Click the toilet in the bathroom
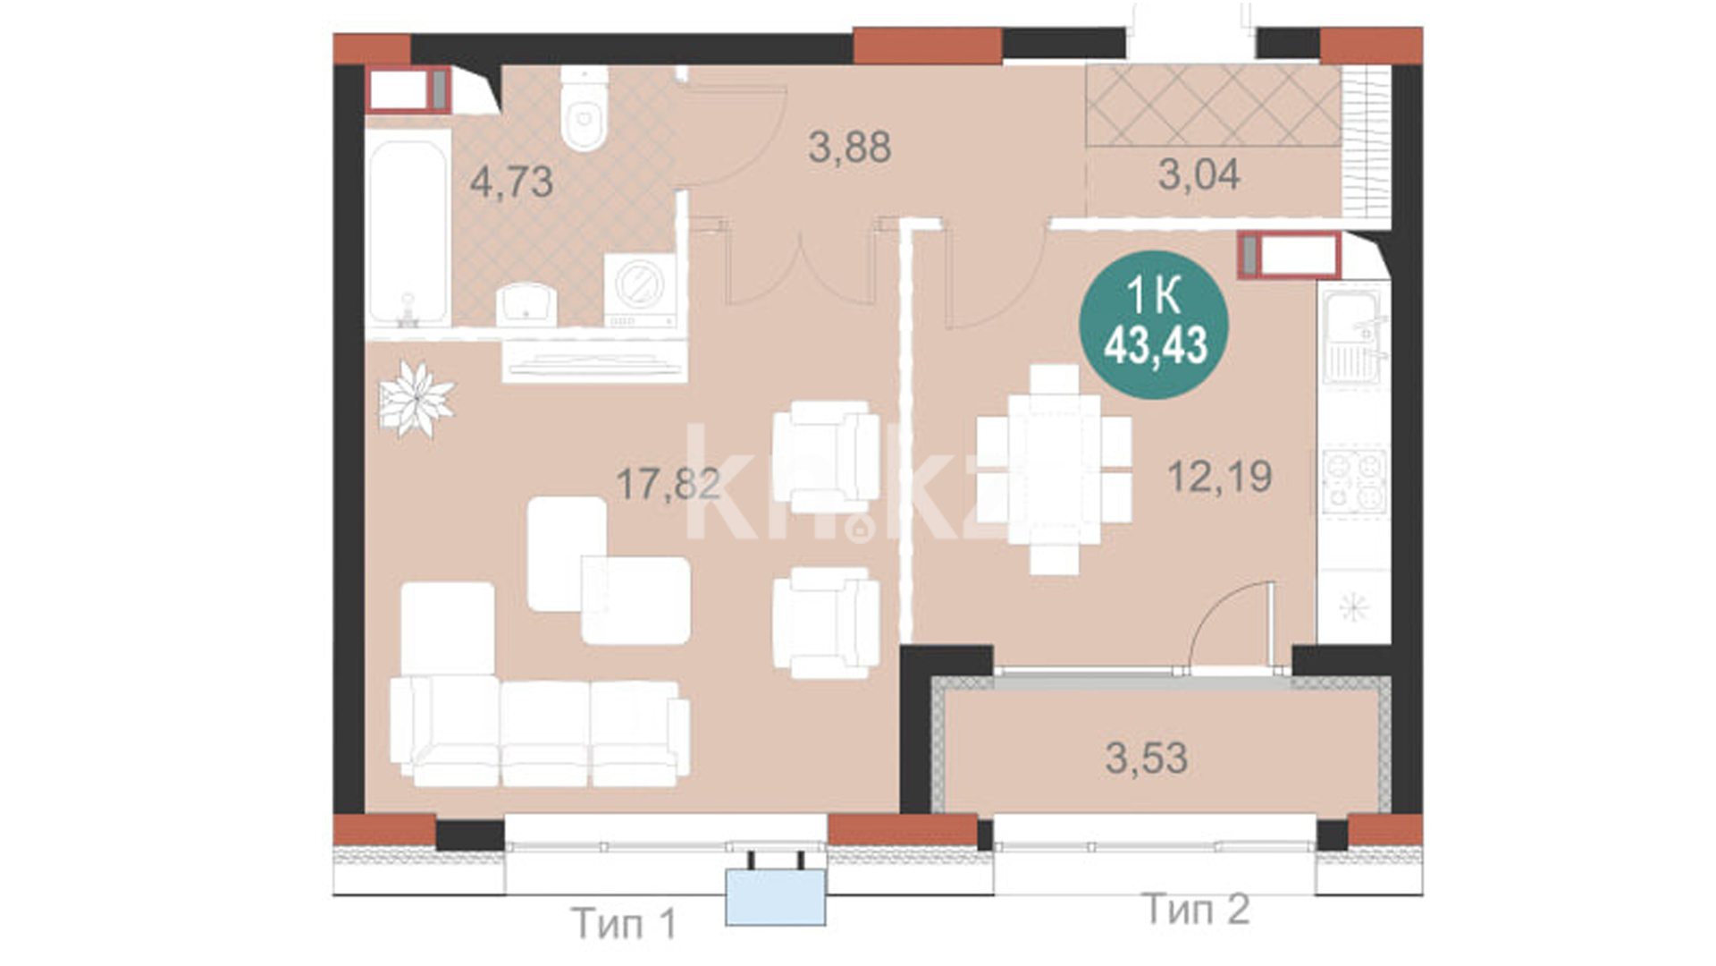(x=585, y=108)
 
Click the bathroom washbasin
(x=526, y=304)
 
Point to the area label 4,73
(x=512, y=182)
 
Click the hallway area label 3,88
(x=849, y=147)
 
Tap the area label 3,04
(x=1199, y=174)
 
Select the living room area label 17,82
(x=669, y=484)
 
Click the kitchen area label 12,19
(x=1220, y=476)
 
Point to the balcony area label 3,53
(x=1147, y=758)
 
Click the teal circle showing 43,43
(x=1154, y=325)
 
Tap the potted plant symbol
(x=416, y=399)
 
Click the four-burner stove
(x=1354, y=482)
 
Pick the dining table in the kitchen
(x=1054, y=469)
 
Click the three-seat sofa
(x=540, y=733)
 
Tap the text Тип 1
(x=624, y=923)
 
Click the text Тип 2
(x=1197, y=910)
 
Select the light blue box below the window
(x=776, y=897)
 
